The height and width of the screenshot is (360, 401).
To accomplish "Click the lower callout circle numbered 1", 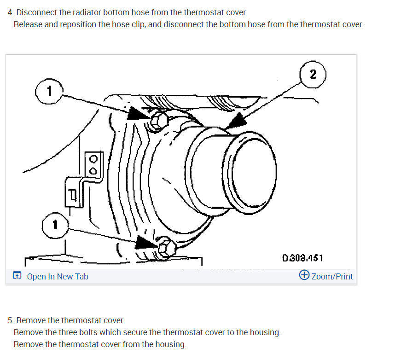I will coord(54,225).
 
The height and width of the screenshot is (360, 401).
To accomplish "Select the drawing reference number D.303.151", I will coord(302,257).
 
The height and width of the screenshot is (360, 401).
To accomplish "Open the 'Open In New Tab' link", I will coord(58,277).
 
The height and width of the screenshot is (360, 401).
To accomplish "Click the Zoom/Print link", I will coord(332,276).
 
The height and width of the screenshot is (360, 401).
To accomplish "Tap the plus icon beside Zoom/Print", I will coord(304,275).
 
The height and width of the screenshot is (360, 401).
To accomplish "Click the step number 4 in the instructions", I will coord(11,12).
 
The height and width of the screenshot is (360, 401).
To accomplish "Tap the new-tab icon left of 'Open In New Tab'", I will coord(17,276).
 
